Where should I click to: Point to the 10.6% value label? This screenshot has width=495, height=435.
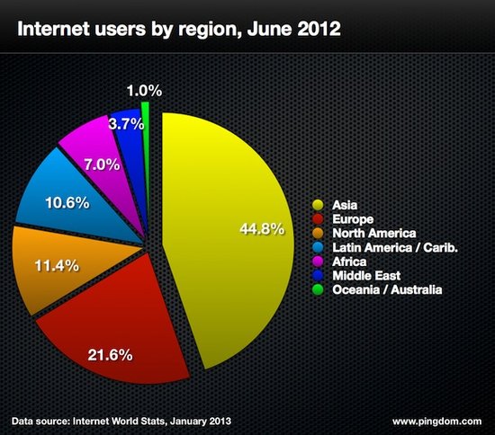click(67, 202)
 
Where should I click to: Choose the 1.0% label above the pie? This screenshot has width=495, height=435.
click(143, 90)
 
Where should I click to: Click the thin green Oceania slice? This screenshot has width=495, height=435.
click(144, 117)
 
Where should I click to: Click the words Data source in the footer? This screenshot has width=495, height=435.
click(42, 420)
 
